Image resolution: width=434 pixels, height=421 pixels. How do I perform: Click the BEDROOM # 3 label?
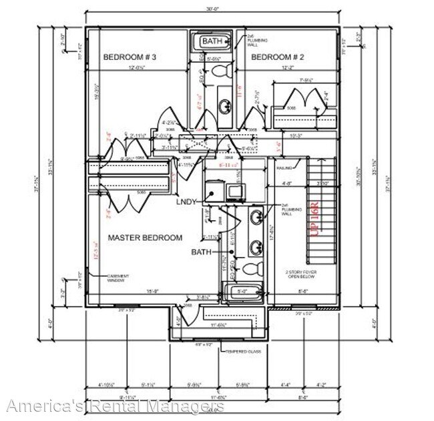point(130,57)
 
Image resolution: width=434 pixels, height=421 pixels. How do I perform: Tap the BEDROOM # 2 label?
point(278,57)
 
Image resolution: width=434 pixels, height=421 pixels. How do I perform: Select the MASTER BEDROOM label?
point(145,237)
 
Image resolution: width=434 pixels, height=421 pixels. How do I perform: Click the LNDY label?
point(187,201)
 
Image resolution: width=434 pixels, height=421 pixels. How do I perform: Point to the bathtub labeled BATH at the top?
point(214,42)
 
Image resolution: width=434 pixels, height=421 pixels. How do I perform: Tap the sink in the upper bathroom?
point(222,103)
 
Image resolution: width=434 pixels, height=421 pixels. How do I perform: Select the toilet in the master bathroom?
point(250,269)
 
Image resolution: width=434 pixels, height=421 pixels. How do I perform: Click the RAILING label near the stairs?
point(286,168)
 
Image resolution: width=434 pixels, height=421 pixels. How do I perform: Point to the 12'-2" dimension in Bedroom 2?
point(288,67)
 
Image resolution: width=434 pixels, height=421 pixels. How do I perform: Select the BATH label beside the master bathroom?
point(202,252)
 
